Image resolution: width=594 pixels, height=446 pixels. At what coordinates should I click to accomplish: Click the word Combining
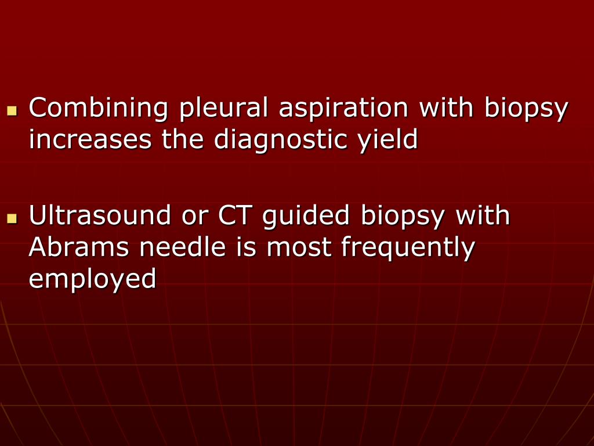point(98,109)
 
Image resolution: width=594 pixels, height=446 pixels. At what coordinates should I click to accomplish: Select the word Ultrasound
point(100,215)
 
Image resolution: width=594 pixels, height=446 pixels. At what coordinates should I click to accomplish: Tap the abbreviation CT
point(236,215)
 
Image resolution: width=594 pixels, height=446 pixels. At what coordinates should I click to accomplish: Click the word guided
point(306,215)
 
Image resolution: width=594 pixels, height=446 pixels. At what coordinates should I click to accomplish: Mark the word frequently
point(408,247)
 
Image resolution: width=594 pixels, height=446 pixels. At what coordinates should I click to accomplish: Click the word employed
point(93,279)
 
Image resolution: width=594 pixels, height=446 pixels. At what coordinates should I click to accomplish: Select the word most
point(300,247)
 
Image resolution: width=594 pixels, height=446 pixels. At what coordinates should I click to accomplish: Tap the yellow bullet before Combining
point(12,110)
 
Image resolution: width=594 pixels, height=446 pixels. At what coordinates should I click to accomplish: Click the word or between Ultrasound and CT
point(194,215)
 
